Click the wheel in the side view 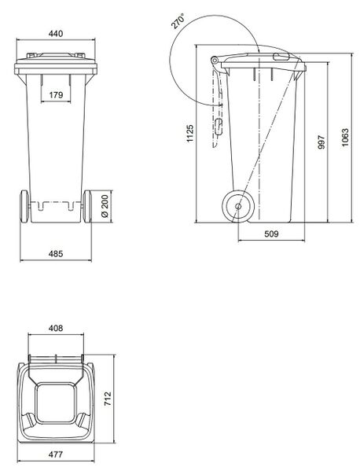pyautogui.click(x=236, y=206)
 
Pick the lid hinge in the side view pyautogui.click(x=215, y=62)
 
